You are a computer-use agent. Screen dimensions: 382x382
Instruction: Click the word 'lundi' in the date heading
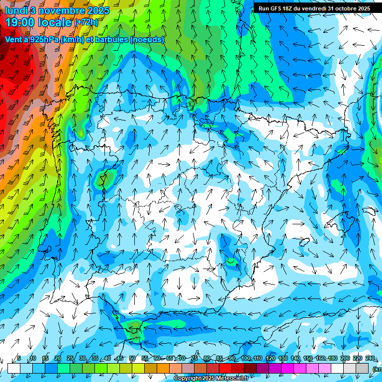pos(17,10)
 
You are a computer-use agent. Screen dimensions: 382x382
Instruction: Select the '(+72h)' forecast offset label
pos(86,22)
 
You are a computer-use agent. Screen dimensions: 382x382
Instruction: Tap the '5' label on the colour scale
pos(19,358)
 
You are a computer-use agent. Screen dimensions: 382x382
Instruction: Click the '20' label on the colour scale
pos(58,358)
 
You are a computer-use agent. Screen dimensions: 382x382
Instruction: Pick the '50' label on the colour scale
pos(132,358)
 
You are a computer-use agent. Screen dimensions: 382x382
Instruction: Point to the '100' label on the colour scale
pos(245,358)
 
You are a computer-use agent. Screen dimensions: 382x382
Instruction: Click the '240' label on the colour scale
pos(370,358)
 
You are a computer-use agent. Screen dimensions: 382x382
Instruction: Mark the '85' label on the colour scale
pos(219,358)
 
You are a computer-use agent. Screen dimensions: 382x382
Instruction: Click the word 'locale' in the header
pos(56,22)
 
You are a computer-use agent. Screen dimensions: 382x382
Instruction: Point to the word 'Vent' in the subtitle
pos(14,39)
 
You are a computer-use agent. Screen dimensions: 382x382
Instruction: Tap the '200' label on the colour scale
pos(345,358)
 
